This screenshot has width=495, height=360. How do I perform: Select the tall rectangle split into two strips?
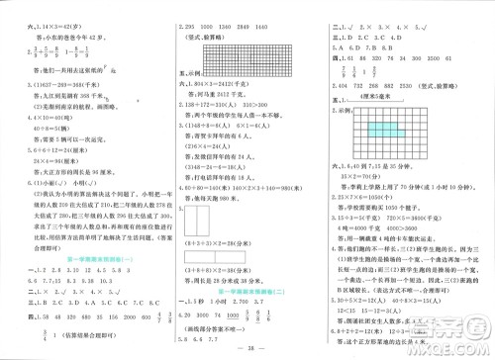pos(203,228)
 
